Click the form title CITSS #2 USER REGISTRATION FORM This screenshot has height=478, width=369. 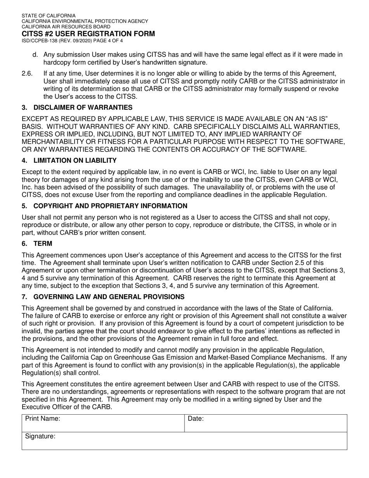pos(88,34)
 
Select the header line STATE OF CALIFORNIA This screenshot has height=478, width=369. pos(49,16)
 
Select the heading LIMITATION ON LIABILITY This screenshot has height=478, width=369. pos(75,160)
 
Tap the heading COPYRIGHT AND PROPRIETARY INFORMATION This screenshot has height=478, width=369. pos(110,206)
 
